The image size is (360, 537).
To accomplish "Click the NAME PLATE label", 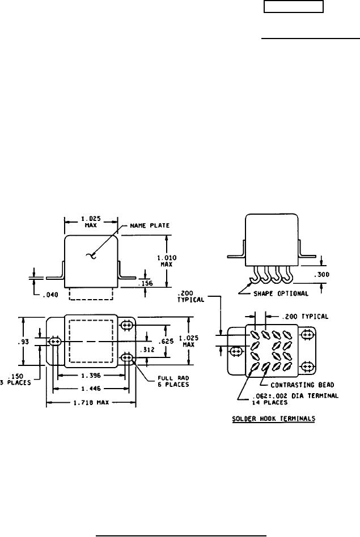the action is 150,225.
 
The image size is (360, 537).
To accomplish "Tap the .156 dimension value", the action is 146,283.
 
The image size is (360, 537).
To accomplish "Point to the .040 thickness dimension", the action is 50,295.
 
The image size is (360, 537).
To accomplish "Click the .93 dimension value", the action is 25,342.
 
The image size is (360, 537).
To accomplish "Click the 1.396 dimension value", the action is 91,376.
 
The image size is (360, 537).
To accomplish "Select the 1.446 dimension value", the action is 91,389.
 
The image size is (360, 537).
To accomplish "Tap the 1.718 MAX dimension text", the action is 91,402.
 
